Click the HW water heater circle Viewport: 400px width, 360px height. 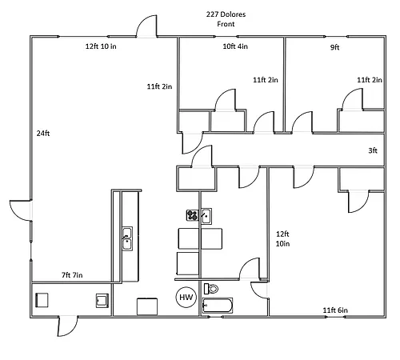186,297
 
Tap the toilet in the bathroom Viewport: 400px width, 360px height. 211,289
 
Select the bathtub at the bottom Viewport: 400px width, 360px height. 218,306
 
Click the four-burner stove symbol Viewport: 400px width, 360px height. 192,215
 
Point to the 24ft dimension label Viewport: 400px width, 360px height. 43,134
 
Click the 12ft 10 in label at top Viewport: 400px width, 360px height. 101,46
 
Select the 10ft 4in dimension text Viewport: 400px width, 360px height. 235,46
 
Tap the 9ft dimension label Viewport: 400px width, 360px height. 335,47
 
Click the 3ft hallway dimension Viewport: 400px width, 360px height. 373,150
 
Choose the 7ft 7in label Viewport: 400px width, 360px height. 72,275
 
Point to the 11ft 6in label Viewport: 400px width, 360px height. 335,310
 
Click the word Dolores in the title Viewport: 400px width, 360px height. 233,14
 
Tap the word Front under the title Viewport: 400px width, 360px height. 226,24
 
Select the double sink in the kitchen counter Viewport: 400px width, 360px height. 127,238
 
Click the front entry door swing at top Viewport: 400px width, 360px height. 146,26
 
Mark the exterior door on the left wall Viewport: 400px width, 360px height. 21,210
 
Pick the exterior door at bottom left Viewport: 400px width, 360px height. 68,326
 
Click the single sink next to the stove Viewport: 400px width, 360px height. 206,216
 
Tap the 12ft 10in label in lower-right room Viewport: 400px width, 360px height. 282,238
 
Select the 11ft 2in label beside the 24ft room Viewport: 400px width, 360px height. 159,86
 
